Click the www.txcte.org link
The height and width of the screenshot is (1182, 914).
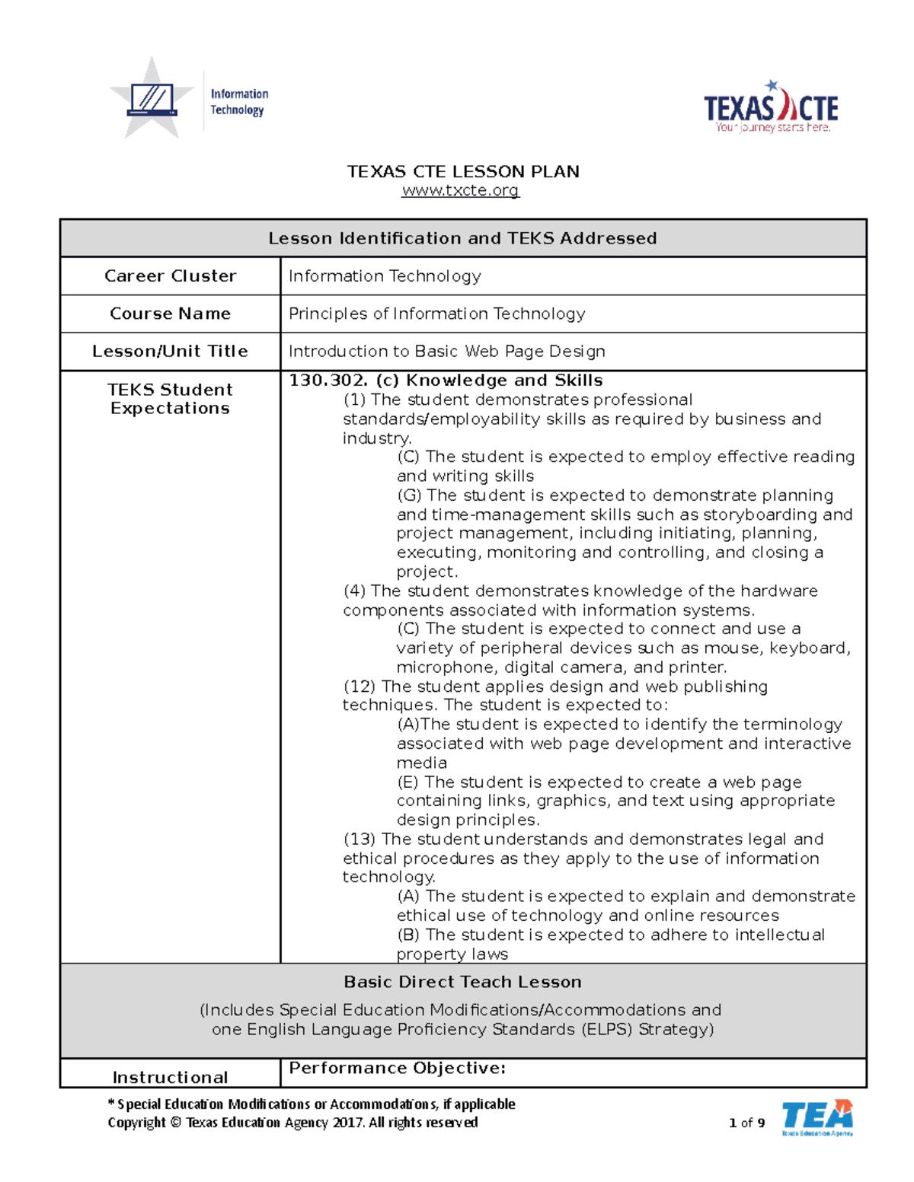(460, 190)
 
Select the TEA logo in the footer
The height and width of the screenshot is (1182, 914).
(817, 1117)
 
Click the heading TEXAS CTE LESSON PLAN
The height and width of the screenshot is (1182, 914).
(463, 171)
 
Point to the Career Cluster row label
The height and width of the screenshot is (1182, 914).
(170, 276)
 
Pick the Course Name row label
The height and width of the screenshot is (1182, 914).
(170, 314)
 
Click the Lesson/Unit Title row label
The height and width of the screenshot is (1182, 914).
(170, 351)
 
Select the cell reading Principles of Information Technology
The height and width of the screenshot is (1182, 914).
(436, 314)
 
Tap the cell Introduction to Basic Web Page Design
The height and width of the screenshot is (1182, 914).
(446, 351)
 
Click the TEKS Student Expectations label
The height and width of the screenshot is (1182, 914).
(170, 399)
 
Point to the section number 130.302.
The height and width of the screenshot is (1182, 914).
(328, 381)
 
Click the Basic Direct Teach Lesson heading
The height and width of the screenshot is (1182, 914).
(462, 982)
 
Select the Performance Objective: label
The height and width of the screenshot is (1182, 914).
(397, 1068)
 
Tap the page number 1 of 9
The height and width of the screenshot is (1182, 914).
(746, 1123)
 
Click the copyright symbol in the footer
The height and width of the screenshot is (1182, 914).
(175, 1123)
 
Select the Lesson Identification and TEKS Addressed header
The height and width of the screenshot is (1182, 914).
(462, 238)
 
